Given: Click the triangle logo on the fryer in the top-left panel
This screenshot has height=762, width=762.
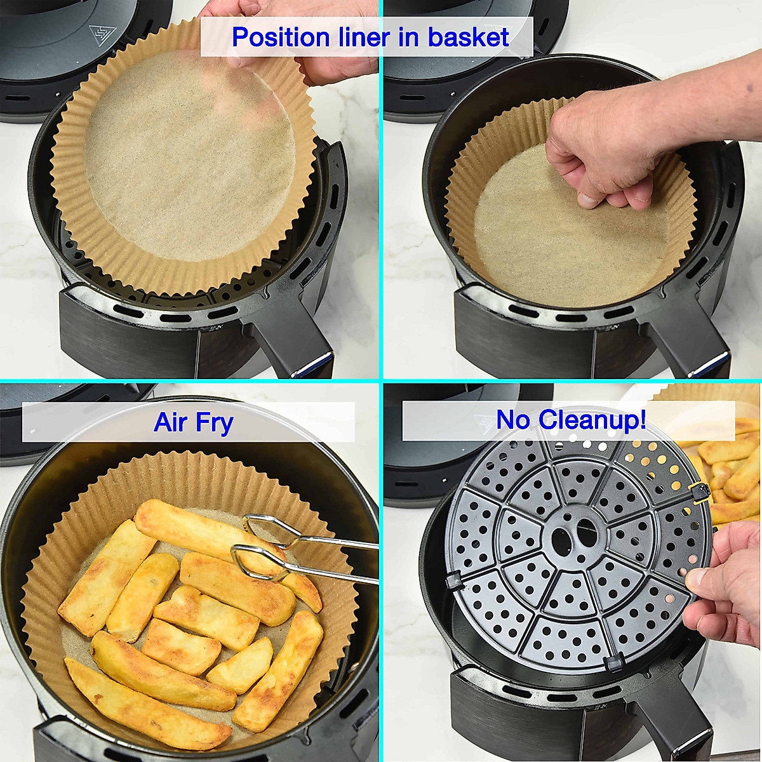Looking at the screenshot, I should (99, 32).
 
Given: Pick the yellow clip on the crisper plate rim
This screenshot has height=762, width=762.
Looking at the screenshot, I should (698, 489).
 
